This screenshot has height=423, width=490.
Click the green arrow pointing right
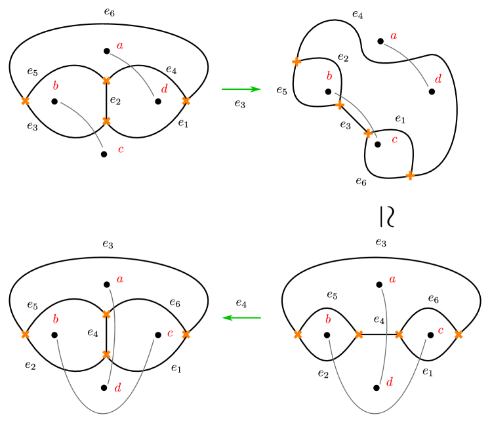click(241, 89)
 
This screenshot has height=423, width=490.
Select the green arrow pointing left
click(241, 317)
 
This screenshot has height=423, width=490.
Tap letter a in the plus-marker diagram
click(394, 36)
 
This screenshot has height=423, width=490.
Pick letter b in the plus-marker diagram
click(329, 77)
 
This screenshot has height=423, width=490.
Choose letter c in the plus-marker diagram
click(394, 139)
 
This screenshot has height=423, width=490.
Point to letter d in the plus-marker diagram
click(438, 79)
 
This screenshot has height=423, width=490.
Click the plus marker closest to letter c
click(368, 133)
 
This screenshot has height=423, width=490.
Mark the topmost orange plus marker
click(296, 62)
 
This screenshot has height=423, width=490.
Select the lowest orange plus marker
click(410, 175)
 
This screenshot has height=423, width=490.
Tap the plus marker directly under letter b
click(339, 105)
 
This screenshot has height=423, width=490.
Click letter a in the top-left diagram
click(119, 46)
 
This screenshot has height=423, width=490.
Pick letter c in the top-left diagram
click(121, 150)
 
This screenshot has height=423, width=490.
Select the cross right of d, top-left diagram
click(186, 101)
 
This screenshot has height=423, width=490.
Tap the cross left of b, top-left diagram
click(25, 101)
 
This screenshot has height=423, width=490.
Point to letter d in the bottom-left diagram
click(117, 388)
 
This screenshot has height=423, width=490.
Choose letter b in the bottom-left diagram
click(55, 319)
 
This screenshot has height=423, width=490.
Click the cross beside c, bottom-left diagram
click(186, 334)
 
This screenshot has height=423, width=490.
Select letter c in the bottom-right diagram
click(440, 331)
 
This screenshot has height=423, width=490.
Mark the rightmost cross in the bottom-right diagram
click(459, 334)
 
